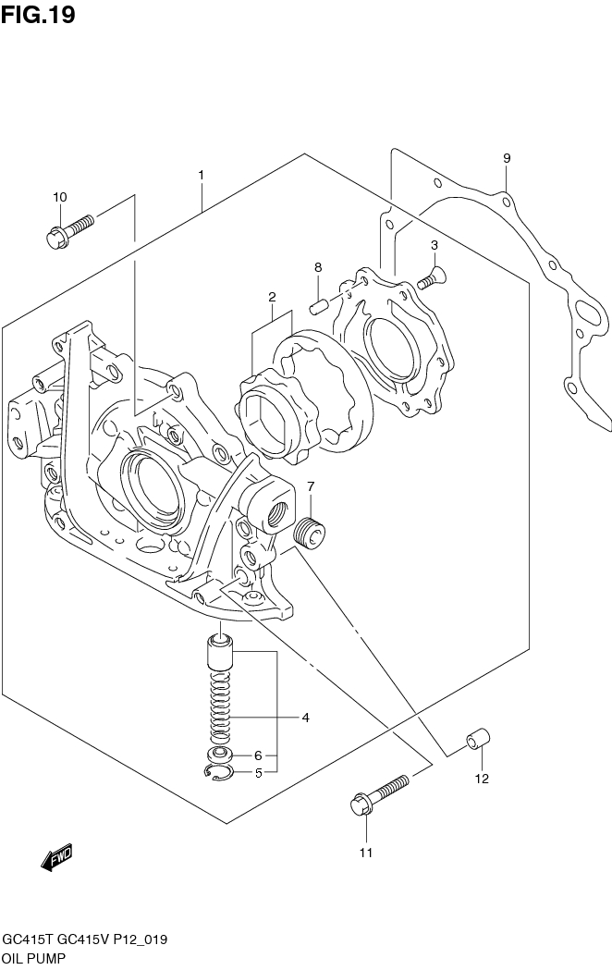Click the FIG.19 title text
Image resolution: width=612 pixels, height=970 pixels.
click(38, 15)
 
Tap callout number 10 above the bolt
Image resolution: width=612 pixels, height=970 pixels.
click(60, 197)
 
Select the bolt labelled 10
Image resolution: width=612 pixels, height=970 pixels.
click(68, 230)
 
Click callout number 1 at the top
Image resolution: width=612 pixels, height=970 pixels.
click(201, 175)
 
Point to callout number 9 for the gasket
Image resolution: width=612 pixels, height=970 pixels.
click(507, 158)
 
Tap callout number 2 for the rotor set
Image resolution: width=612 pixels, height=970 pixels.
click(273, 298)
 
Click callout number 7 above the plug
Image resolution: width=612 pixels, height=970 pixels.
click(312, 486)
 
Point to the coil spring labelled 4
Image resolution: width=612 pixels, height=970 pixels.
click(219, 706)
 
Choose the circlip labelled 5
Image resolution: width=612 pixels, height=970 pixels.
click(216, 773)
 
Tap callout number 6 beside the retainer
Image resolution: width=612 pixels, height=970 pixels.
click(260, 755)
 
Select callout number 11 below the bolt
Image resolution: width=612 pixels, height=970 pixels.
click(366, 853)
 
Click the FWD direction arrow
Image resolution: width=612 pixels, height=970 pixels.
click(56, 858)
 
